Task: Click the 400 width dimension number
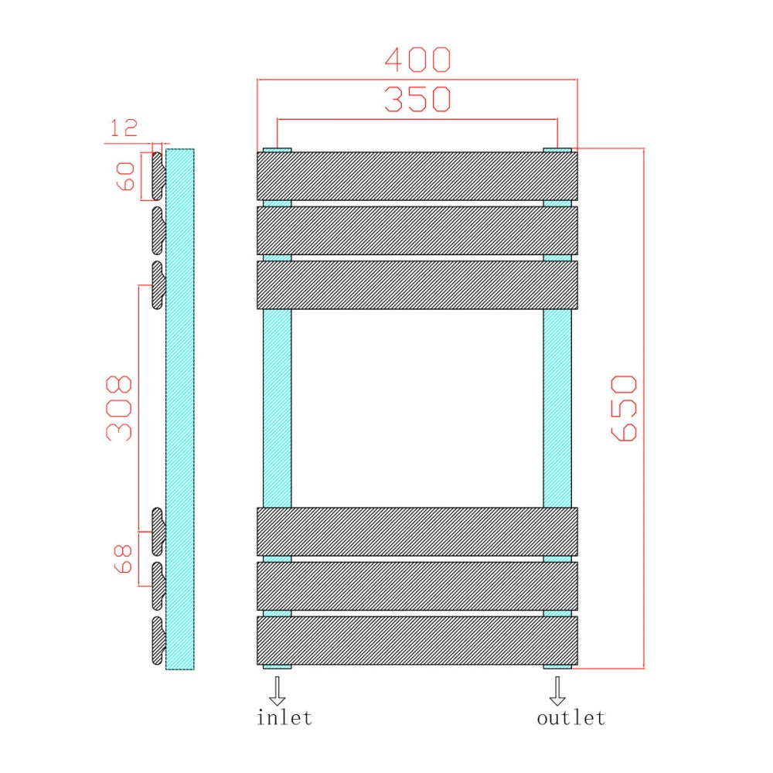coord(417,60)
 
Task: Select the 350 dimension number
coord(417,99)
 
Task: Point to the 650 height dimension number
coord(624,407)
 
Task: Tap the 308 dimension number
coord(119,407)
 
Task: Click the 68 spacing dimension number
coord(123,559)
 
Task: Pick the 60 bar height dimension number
coord(125,176)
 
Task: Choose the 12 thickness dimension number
coord(123,128)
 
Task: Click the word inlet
coord(284,717)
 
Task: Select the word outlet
coord(571,717)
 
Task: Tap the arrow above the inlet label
coord(277,690)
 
